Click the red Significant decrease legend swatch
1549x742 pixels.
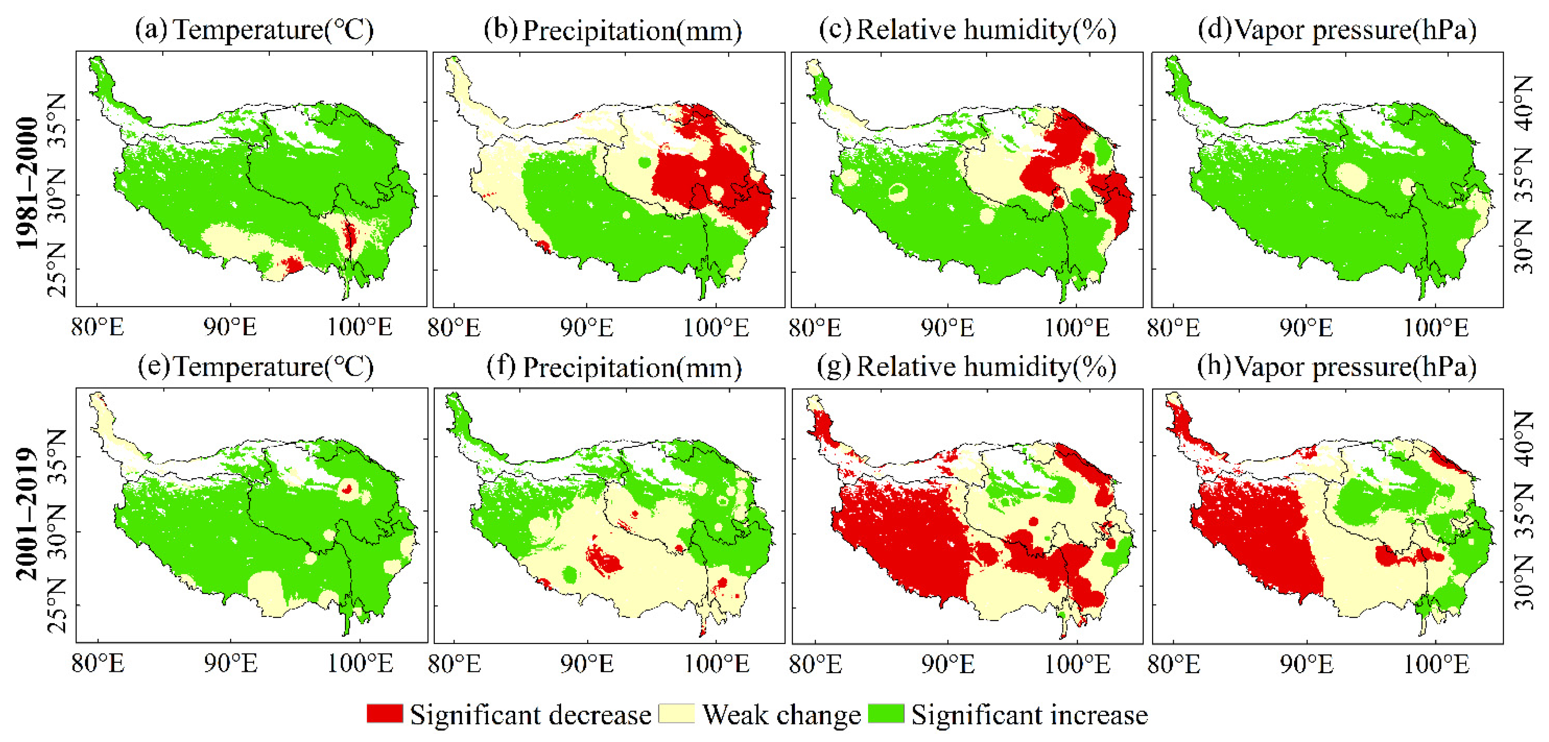(384, 713)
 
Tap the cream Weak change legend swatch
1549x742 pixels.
(676, 713)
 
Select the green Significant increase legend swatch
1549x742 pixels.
(886, 713)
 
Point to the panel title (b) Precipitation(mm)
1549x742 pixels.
(613, 31)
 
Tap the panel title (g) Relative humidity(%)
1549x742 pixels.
(966, 367)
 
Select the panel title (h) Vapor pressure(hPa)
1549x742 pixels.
(1337, 367)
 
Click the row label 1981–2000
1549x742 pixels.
(28, 183)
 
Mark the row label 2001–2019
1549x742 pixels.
(28, 514)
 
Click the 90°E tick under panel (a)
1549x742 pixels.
(230, 328)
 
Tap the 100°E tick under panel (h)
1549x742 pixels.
(1436, 664)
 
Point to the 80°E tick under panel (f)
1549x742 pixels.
(454, 664)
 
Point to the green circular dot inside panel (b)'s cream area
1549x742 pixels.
(644, 162)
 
